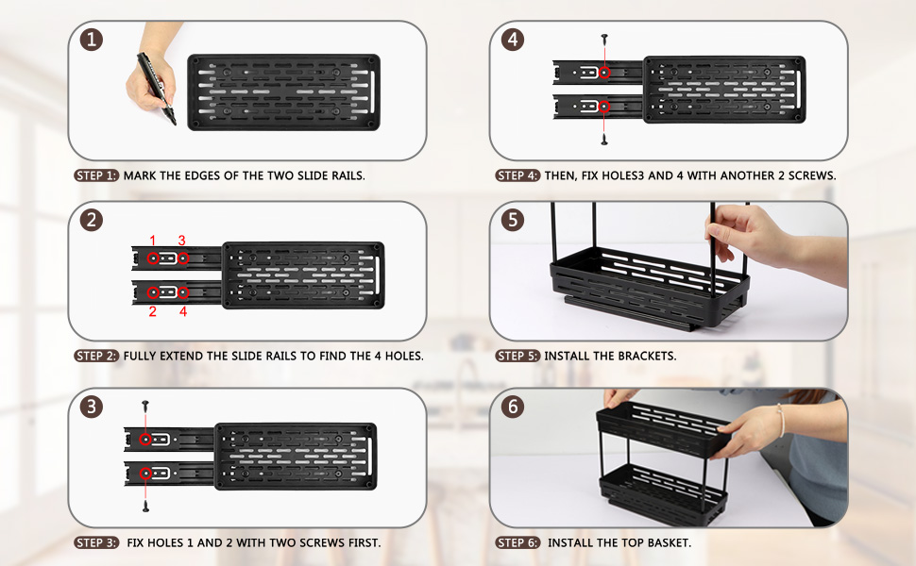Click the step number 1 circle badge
(92, 40)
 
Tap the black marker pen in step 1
(157, 89)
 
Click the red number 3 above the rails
(181, 241)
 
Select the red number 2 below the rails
(152, 311)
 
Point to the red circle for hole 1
(153, 258)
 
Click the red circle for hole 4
(183, 292)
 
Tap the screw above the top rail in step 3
(145, 407)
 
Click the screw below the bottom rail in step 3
(145, 506)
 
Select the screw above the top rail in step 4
(604, 40)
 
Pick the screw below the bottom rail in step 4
(604, 140)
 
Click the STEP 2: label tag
(96, 356)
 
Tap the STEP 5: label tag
(517, 356)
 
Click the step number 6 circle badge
(513, 407)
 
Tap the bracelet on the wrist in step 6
(781, 420)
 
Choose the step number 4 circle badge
(513, 40)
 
